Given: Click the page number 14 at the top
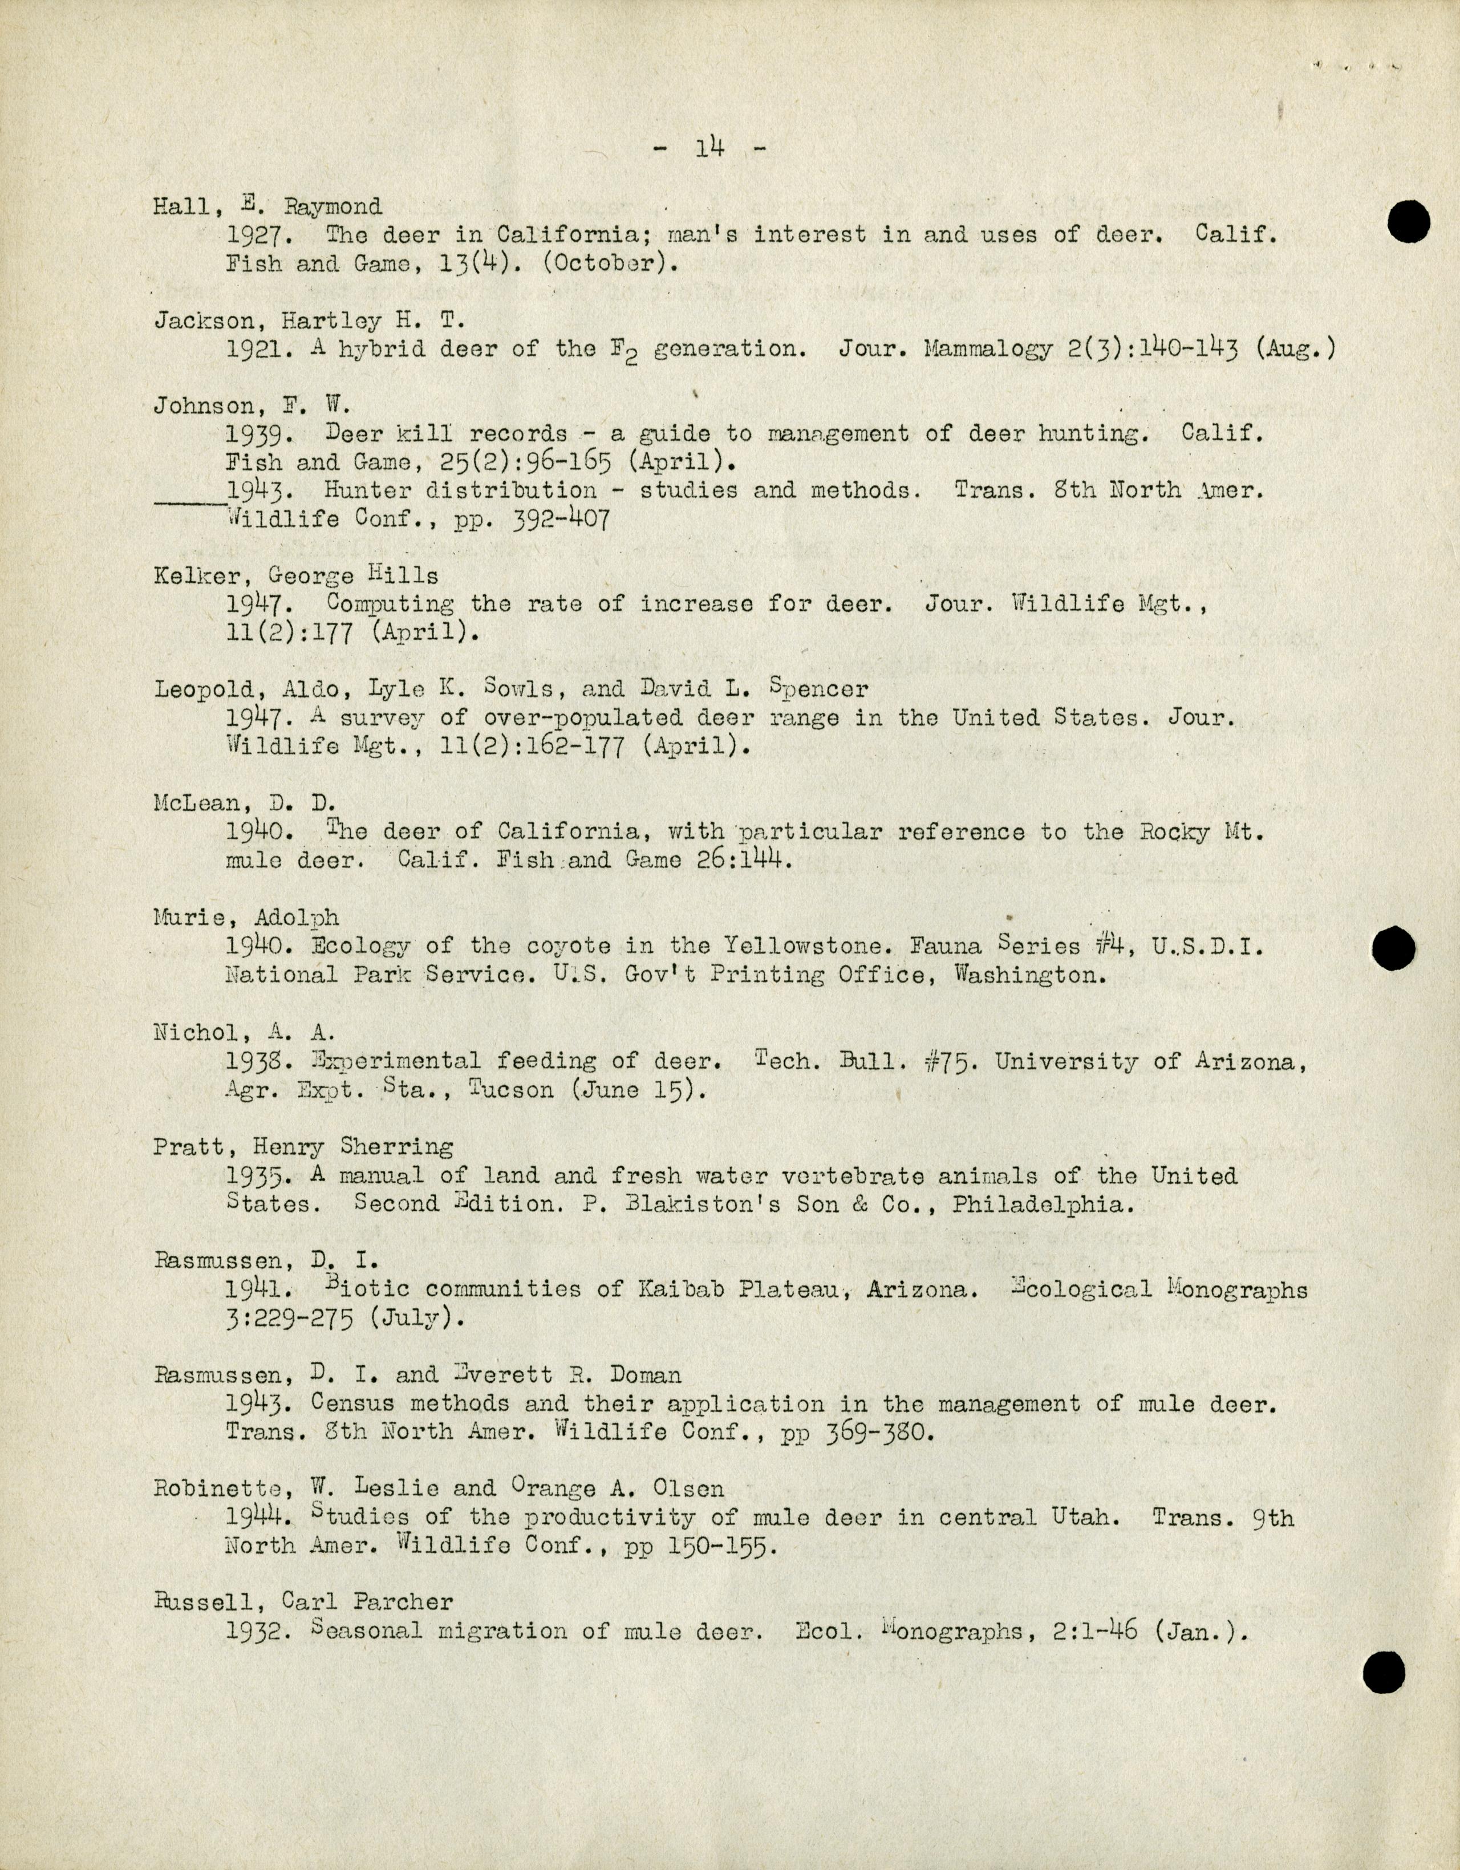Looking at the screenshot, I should click(711, 148).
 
